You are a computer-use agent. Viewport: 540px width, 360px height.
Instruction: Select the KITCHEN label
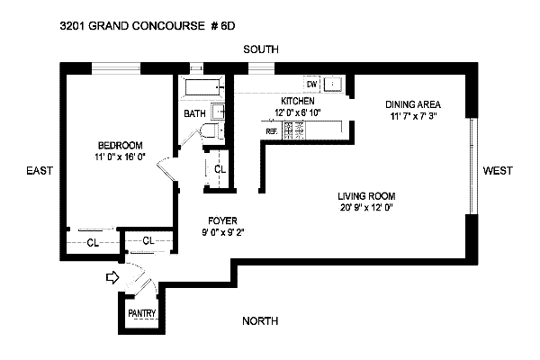click(297, 101)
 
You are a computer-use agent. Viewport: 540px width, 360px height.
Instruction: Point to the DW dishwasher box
click(312, 84)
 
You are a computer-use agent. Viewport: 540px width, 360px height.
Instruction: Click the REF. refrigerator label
click(271, 130)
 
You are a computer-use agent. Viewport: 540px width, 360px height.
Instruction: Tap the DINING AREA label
click(412, 103)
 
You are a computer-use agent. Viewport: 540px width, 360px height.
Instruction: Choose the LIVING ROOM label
click(366, 196)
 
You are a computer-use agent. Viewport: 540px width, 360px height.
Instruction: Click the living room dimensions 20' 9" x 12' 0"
click(366, 209)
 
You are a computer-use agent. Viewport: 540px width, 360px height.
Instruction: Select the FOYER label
click(222, 219)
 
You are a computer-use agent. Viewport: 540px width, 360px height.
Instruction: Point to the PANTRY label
click(142, 313)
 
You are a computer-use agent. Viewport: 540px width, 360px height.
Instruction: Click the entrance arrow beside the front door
click(112, 278)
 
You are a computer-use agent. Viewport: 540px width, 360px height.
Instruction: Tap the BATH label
click(194, 114)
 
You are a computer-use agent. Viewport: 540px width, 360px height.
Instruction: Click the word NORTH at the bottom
click(259, 321)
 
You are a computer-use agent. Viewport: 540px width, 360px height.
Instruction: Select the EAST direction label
click(37, 170)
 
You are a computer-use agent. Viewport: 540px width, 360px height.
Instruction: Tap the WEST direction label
click(498, 170)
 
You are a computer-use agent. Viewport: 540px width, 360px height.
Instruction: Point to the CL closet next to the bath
click(220, 169)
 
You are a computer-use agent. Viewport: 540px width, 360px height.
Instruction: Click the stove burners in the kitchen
click(294, 130)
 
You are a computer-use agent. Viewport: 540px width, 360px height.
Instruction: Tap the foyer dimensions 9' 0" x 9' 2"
click(222, 230)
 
